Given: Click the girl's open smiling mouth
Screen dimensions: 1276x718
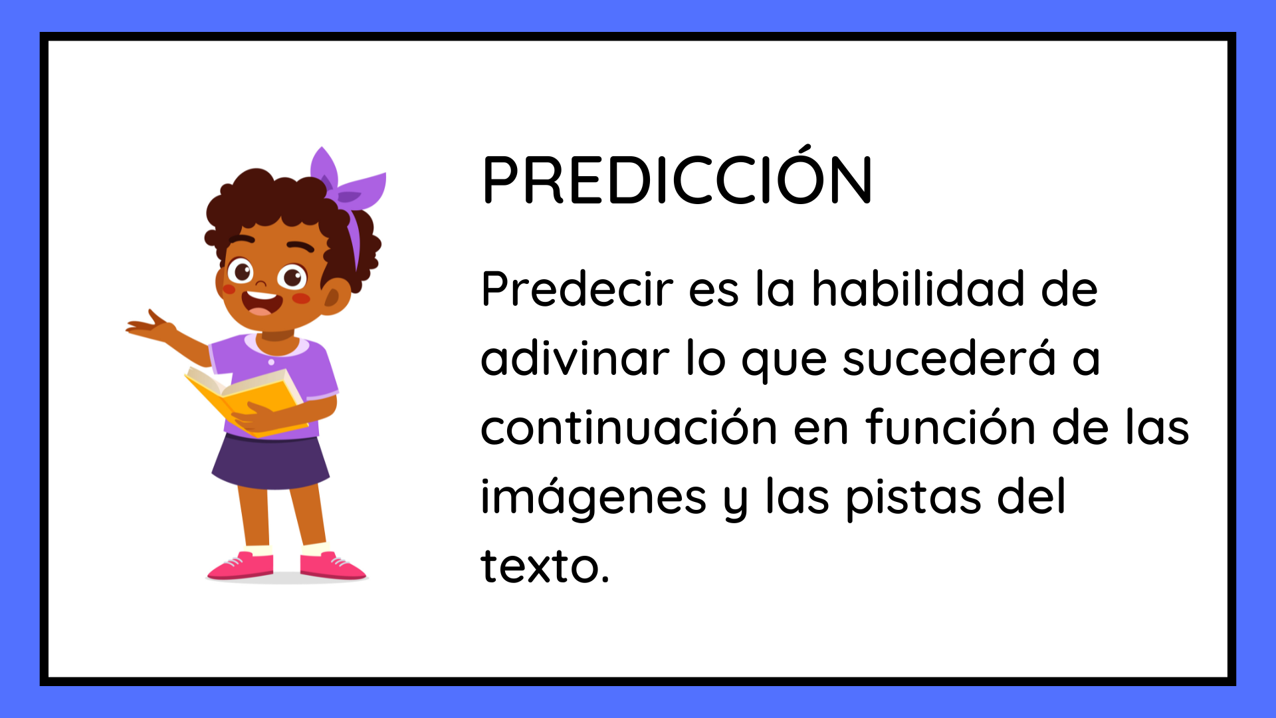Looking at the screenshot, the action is point(261,302).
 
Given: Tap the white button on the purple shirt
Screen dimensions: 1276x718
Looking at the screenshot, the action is point(271,362).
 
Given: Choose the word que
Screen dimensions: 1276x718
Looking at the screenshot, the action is point(784,362).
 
